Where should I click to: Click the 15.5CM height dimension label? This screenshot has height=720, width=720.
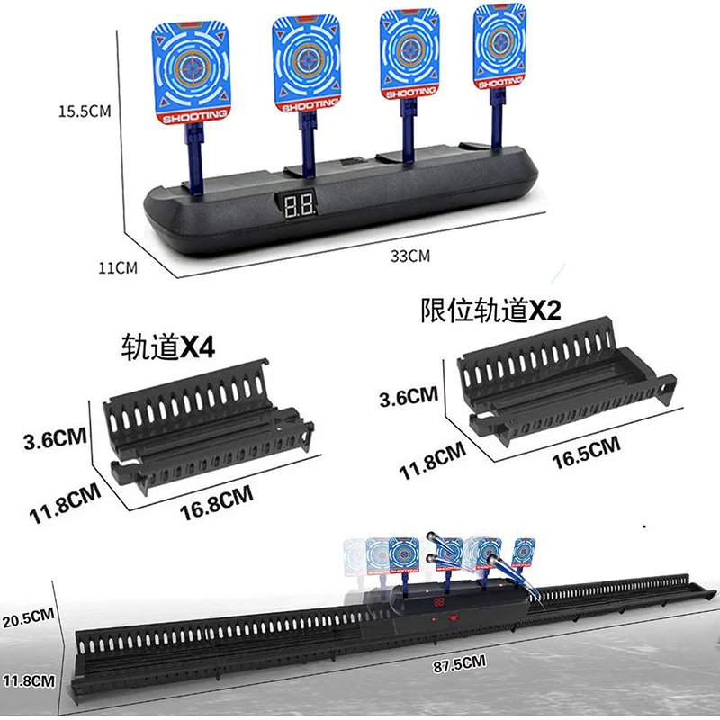[x=85, y=111]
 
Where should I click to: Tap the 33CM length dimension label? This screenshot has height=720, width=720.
[x=410, y=256]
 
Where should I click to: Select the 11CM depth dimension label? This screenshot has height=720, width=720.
[x=118, y=267]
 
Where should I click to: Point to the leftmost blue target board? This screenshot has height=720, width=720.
[x=191, y=72]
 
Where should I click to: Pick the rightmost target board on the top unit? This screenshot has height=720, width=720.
[x=499, y=47]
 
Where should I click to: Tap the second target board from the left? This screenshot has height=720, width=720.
[x=307, y=63]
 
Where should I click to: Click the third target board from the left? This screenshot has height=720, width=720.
[x=409, y=54]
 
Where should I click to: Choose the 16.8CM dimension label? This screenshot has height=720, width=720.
[x=216, y=502]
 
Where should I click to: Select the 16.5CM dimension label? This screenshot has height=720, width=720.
[x=587, y=454]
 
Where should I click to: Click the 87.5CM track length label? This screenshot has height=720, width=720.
[x=459, y=664]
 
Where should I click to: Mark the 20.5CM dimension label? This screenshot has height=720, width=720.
[x=29, y=618]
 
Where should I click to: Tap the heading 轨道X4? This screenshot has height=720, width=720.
[x=168, y=346]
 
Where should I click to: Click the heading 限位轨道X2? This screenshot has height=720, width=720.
[x=490, y=310]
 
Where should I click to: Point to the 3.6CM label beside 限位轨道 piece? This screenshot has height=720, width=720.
[x=409, y=397]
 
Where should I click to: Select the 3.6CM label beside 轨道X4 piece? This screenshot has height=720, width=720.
[x=55, y=439]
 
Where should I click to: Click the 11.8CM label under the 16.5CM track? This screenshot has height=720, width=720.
[x=433, y=461]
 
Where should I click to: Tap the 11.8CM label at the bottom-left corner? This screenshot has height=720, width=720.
[x=29, y=680]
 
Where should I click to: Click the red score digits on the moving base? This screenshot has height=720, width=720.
[x=439, y=601]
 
